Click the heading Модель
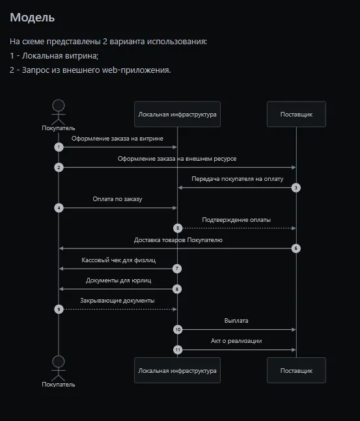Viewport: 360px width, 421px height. pyautogui.click(x=33, y=18)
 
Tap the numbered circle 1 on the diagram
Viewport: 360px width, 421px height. pyautogui.click(x=59, y=147)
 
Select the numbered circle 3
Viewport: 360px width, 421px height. pyautogui.click(x=296, y=187)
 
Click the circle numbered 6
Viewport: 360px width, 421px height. pyautogui.click(x=296, y=249)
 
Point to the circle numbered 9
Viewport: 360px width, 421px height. pyautogui.click(x=59, y=309)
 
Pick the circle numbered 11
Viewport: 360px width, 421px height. pyautogui.click(x=178, y=349)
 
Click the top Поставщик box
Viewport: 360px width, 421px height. pyautogui.click(x=296, y=114)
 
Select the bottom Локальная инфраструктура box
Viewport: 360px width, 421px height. pyautogui.click(x=177, y=370)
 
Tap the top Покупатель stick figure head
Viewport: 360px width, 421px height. pyautogui.click(x=59, y=105)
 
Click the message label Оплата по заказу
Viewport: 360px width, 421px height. pyautogui.click(x=117, y=199)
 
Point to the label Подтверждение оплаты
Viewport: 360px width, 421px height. pyautogui.click(x=236, y=220)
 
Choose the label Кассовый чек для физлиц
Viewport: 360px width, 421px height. pyautogui.click(x=118, y=260)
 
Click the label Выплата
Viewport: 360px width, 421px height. pyautogui.click(x=236, y=321)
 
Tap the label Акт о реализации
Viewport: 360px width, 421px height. pyautogui.click(x=236, y=341)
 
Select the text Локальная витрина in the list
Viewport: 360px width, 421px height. pyautogui.click(x=60, y=55)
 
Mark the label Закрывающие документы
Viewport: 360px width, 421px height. pyautogui.click(x=117, y=301)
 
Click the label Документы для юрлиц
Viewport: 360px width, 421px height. pyautogui.click(x=118, y=280)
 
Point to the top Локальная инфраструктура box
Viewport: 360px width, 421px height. pyautogui.click(x=177, y=114)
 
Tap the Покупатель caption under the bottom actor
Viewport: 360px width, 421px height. pyautogui.click(x=59, y=385)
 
